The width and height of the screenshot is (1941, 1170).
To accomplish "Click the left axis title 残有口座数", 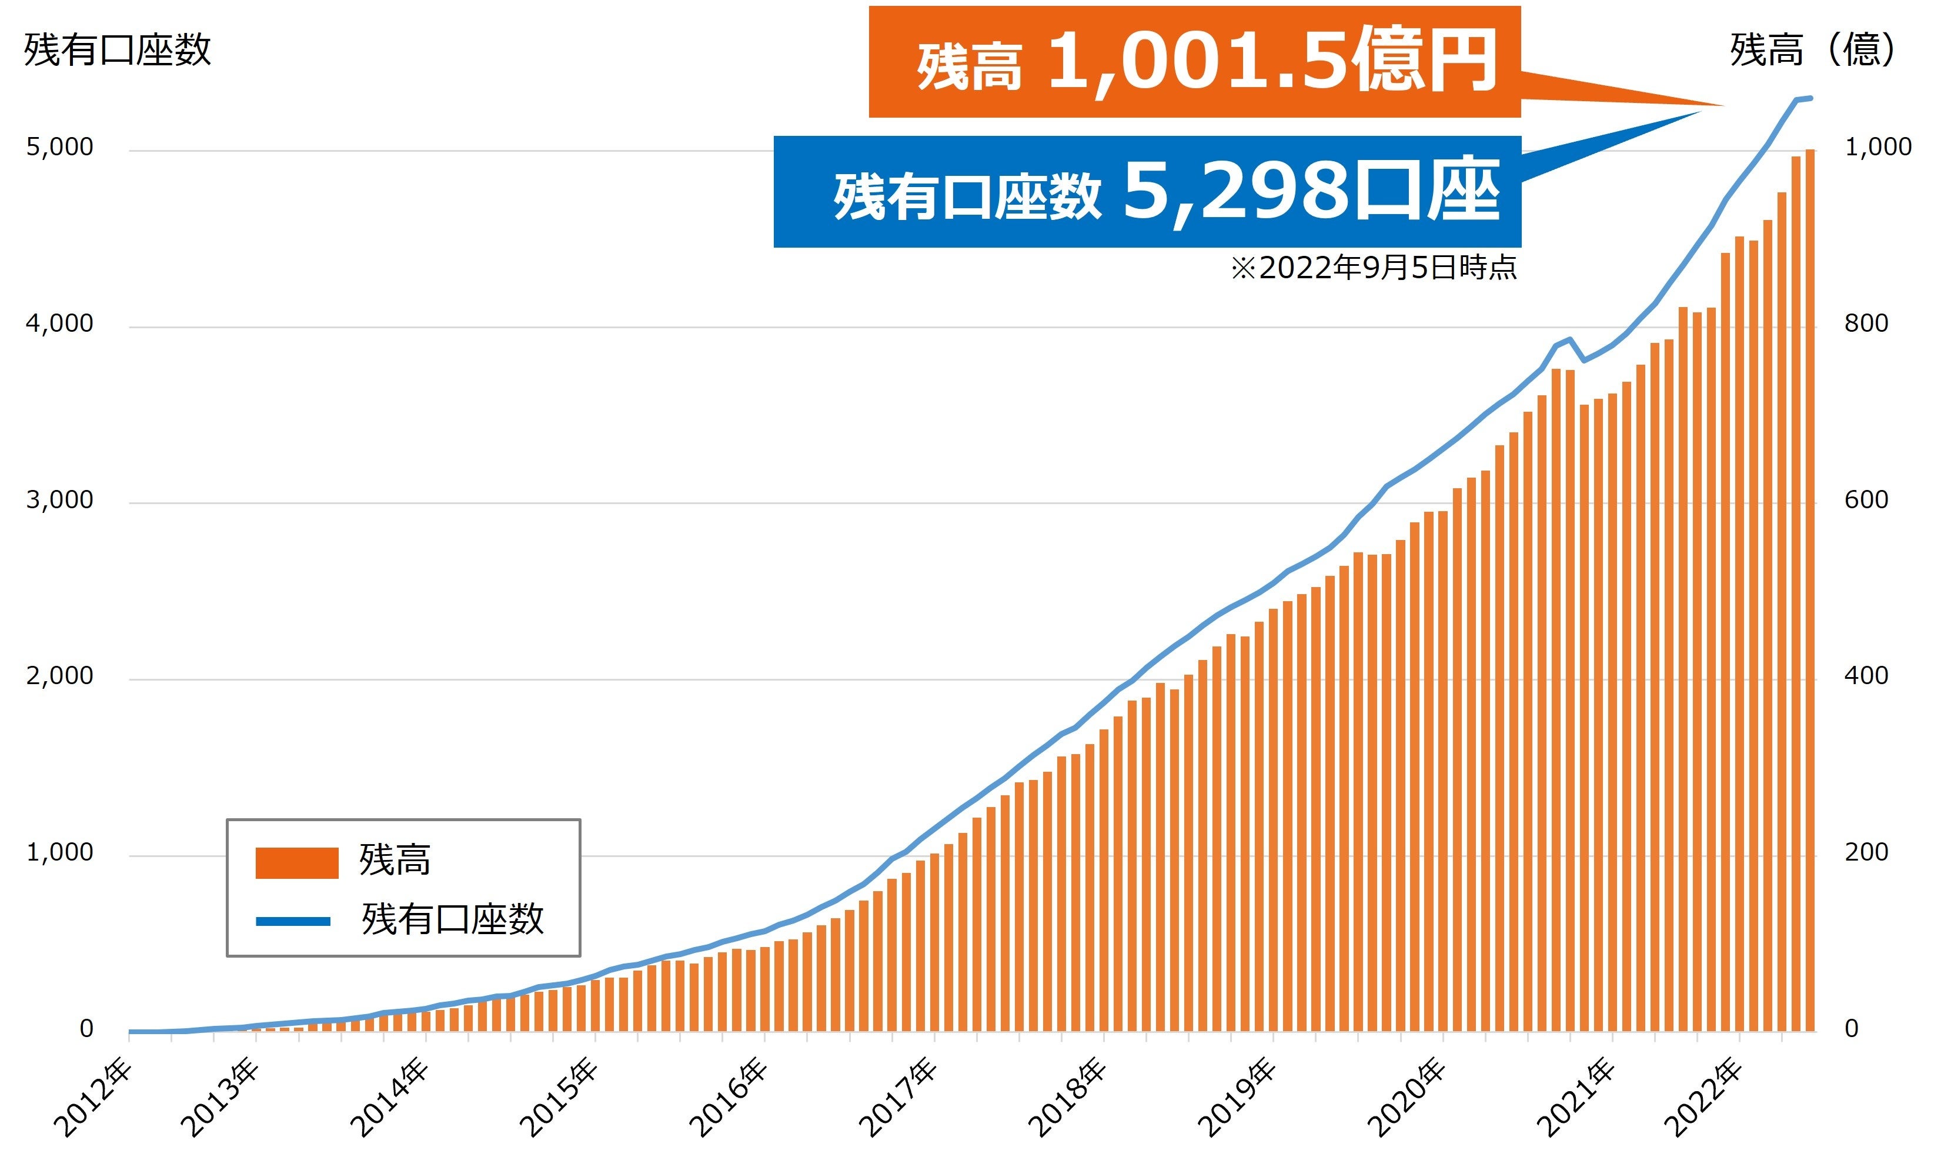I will [x=118, y=49].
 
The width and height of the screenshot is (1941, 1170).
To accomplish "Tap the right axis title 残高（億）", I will [x=1812, y=49].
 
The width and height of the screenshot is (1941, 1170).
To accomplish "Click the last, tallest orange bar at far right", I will [x=1809, y=591].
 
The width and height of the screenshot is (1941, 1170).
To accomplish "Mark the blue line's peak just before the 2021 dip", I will [x=1570, y=339].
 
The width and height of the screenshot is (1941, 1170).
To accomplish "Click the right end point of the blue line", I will [x=1811, y=98].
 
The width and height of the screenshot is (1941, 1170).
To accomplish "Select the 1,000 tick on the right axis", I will [x=1877, y=147].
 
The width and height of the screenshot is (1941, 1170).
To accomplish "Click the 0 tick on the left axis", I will [x=86, y=1028].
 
